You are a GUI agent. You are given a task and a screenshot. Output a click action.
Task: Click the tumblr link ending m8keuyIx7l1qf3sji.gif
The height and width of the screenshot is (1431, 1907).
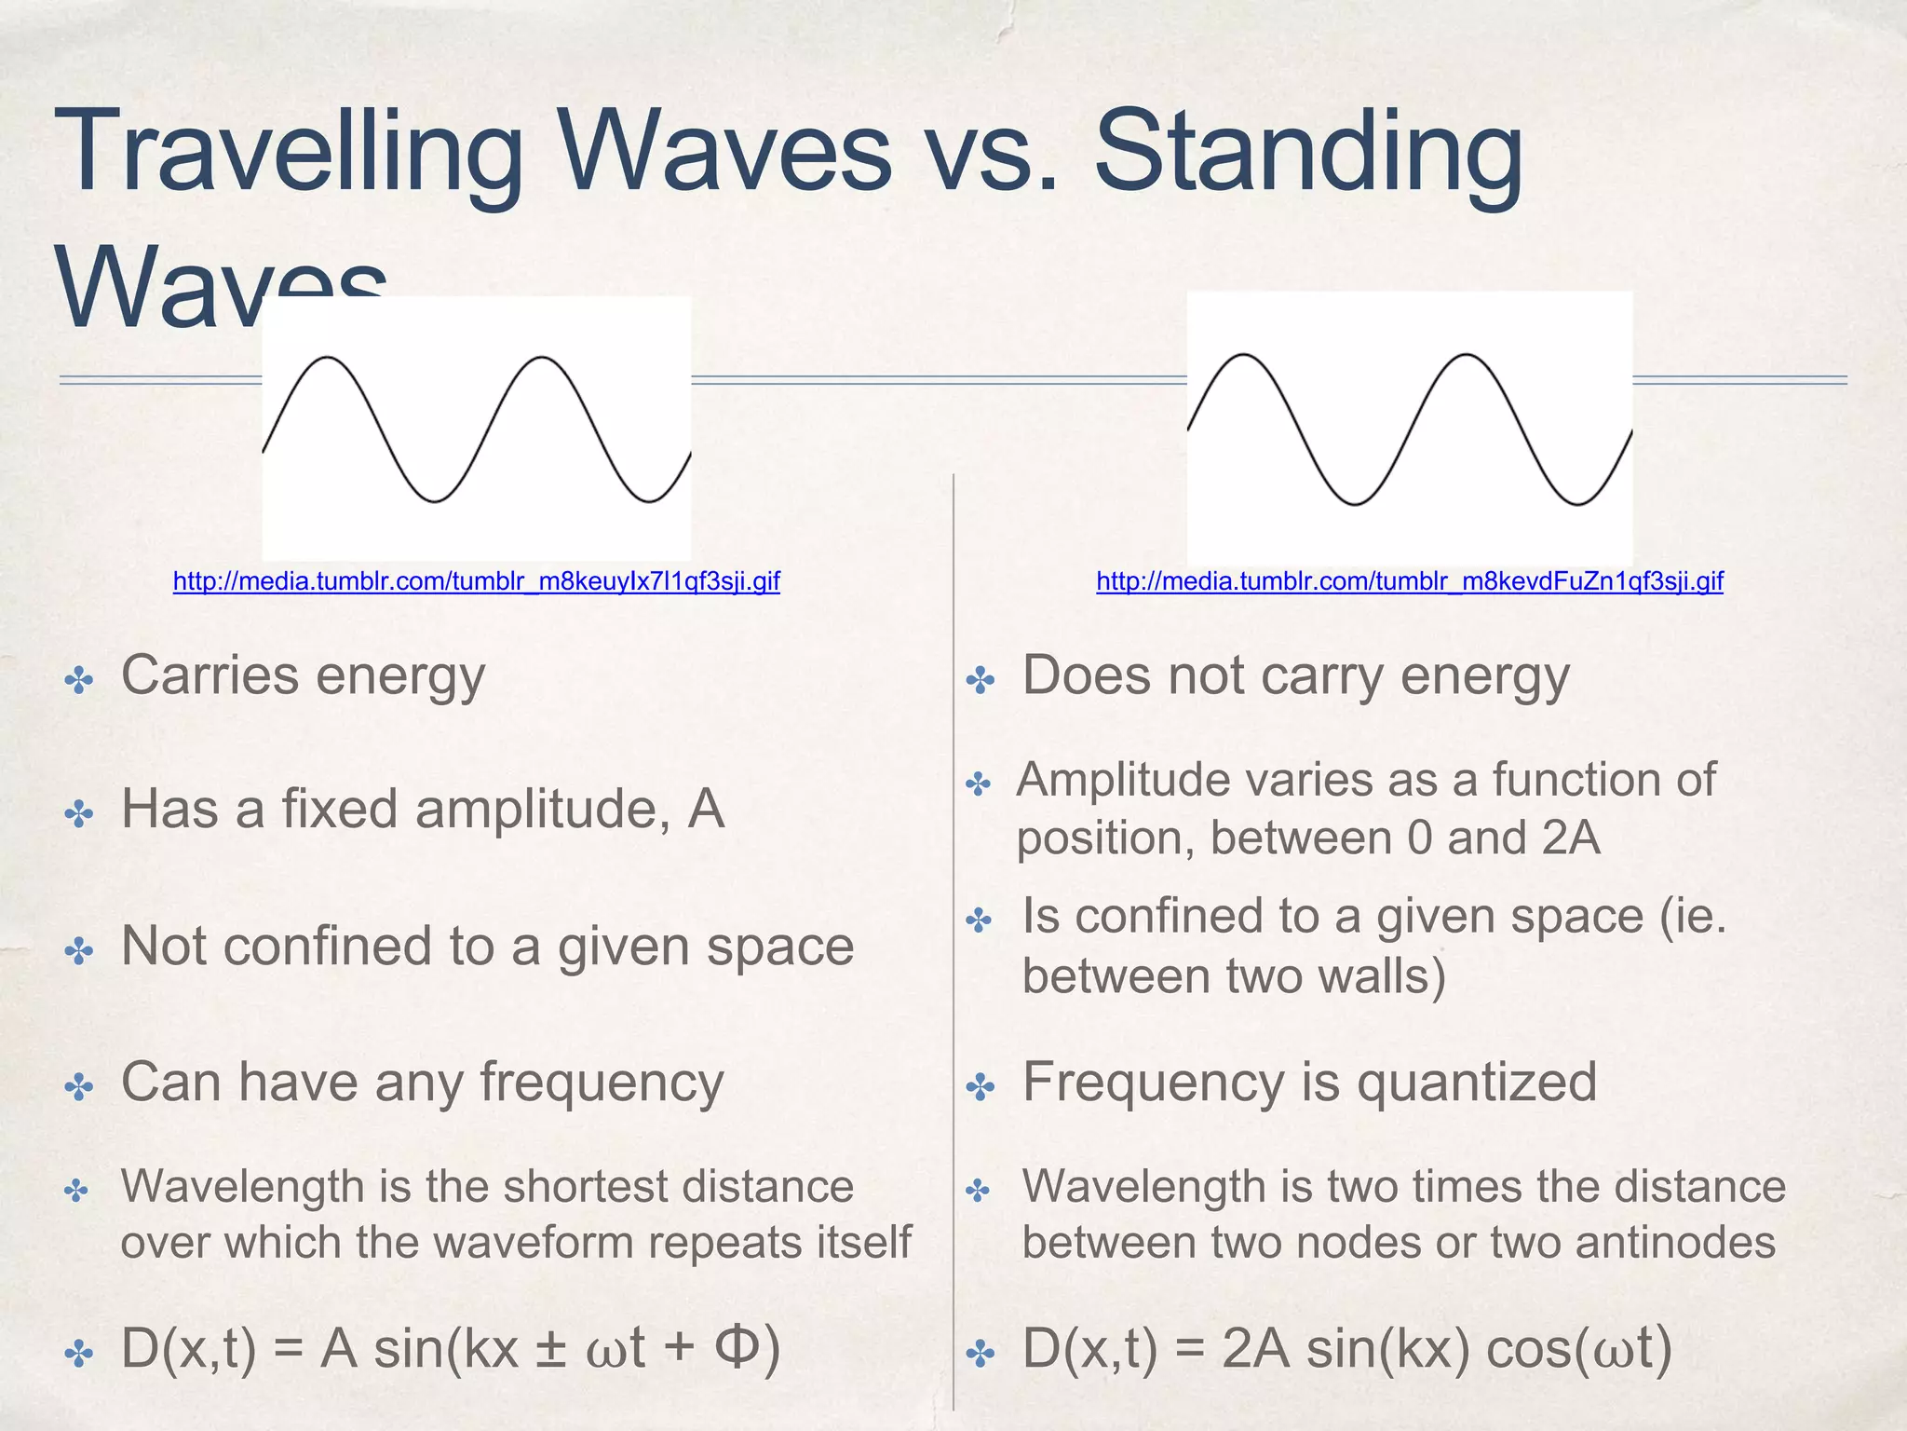(476, 582)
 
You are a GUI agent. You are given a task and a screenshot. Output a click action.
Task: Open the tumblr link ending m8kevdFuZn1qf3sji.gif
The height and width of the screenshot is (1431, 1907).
(1409, 582)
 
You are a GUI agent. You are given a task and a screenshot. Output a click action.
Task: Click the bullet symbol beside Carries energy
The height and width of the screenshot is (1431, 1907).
(79, 681)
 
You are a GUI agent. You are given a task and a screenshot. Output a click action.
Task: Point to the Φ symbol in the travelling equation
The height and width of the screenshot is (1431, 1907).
(738, 1347)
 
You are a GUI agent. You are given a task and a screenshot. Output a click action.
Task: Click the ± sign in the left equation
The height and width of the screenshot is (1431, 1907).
(551, 1349)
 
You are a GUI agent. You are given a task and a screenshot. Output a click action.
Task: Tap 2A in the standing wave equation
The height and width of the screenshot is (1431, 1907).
(1255, 1348)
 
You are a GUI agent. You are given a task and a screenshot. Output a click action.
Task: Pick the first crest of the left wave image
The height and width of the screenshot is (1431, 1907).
(327, 359)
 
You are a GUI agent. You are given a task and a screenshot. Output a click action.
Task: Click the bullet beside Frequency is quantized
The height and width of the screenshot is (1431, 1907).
(981, 1086)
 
